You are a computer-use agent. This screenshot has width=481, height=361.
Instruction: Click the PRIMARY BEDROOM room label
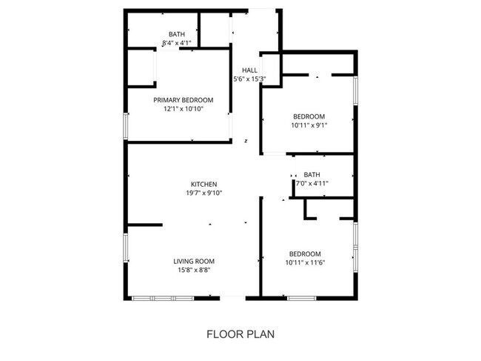tap(183, 100)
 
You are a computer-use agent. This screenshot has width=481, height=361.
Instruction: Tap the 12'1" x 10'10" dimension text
tap(183, 109)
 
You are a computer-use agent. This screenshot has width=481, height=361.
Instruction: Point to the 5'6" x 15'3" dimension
tap(249, 79)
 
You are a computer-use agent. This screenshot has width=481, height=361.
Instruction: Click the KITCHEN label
tap(203, 184)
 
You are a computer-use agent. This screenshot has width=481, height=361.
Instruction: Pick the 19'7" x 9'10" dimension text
tap(203, 193)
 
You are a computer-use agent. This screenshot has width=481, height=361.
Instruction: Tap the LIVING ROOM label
tap(194, 261)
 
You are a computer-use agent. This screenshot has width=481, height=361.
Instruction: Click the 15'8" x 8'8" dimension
tap(194, 270)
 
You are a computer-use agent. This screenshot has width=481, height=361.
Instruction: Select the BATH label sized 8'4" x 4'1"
tap(177, 34)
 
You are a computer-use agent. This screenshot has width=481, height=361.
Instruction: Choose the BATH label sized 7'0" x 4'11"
tap(312, 175)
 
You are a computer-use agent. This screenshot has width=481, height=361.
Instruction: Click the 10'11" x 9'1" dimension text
tap(309, 125)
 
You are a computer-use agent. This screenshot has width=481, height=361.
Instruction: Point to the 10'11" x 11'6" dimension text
tap(305, 262)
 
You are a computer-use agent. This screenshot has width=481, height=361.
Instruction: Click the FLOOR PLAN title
tap(240, 334)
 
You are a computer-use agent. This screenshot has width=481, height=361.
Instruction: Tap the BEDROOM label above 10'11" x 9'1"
tap(309, 116)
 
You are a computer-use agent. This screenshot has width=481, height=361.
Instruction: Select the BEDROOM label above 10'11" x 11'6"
tap(305, 253)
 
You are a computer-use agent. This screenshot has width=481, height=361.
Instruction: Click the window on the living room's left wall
tap(125, 248)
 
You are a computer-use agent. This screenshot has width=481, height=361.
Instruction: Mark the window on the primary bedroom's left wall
tap(125, 126)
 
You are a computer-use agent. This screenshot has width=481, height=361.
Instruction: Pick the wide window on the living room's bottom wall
tap(162, 297)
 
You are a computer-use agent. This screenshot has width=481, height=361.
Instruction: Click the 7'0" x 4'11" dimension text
tap(312, 183)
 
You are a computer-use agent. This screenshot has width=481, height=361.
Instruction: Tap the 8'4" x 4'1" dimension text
tap(177, 43)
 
